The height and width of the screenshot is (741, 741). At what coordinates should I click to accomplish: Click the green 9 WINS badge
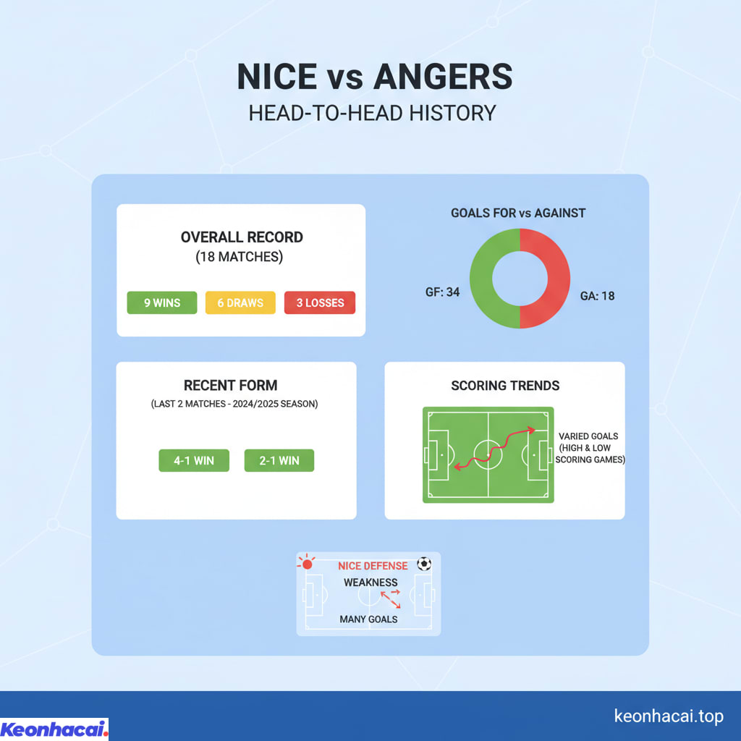[x=161, y=302]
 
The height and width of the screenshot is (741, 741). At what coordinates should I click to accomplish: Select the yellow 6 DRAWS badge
[x=240, y=302]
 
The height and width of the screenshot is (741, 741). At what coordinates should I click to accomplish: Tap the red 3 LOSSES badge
[x=319, y=302]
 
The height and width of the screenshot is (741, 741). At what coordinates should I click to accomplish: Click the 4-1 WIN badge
[x=194, y=460]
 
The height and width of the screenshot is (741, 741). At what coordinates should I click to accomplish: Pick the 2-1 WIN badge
[x=279, y=460]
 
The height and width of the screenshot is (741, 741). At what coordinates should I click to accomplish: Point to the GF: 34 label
[x=442, y=292]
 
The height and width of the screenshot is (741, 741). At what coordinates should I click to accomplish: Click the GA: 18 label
[x=597, y=296]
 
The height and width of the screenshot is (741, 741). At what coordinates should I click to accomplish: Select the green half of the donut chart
[x=481, y=279]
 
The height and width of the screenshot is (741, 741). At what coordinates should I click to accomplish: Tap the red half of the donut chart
[x=559, y=279]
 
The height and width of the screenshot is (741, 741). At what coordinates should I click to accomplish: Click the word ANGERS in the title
[x=443, y=77]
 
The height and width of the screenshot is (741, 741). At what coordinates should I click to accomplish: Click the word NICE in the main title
[x=277, y=77]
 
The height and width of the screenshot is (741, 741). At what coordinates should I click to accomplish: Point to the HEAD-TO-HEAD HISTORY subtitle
[x=373, y=114]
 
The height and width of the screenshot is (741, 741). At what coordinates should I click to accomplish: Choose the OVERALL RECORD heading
[x=242, y=237]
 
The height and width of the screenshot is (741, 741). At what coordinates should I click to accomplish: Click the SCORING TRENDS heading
[x=505, y=386]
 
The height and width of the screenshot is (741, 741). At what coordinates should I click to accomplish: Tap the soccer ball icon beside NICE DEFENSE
[x=424, y=564]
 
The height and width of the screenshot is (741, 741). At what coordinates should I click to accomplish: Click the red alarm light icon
[x=307, y=563]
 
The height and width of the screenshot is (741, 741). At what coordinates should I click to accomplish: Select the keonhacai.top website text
[x=669, y=716]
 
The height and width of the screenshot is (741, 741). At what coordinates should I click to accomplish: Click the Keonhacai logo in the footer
[x=54, y=729]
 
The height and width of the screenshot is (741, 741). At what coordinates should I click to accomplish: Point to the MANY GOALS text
[x=368, y=619]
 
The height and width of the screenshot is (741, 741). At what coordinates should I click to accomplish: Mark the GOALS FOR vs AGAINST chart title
[x=518, y=213]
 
